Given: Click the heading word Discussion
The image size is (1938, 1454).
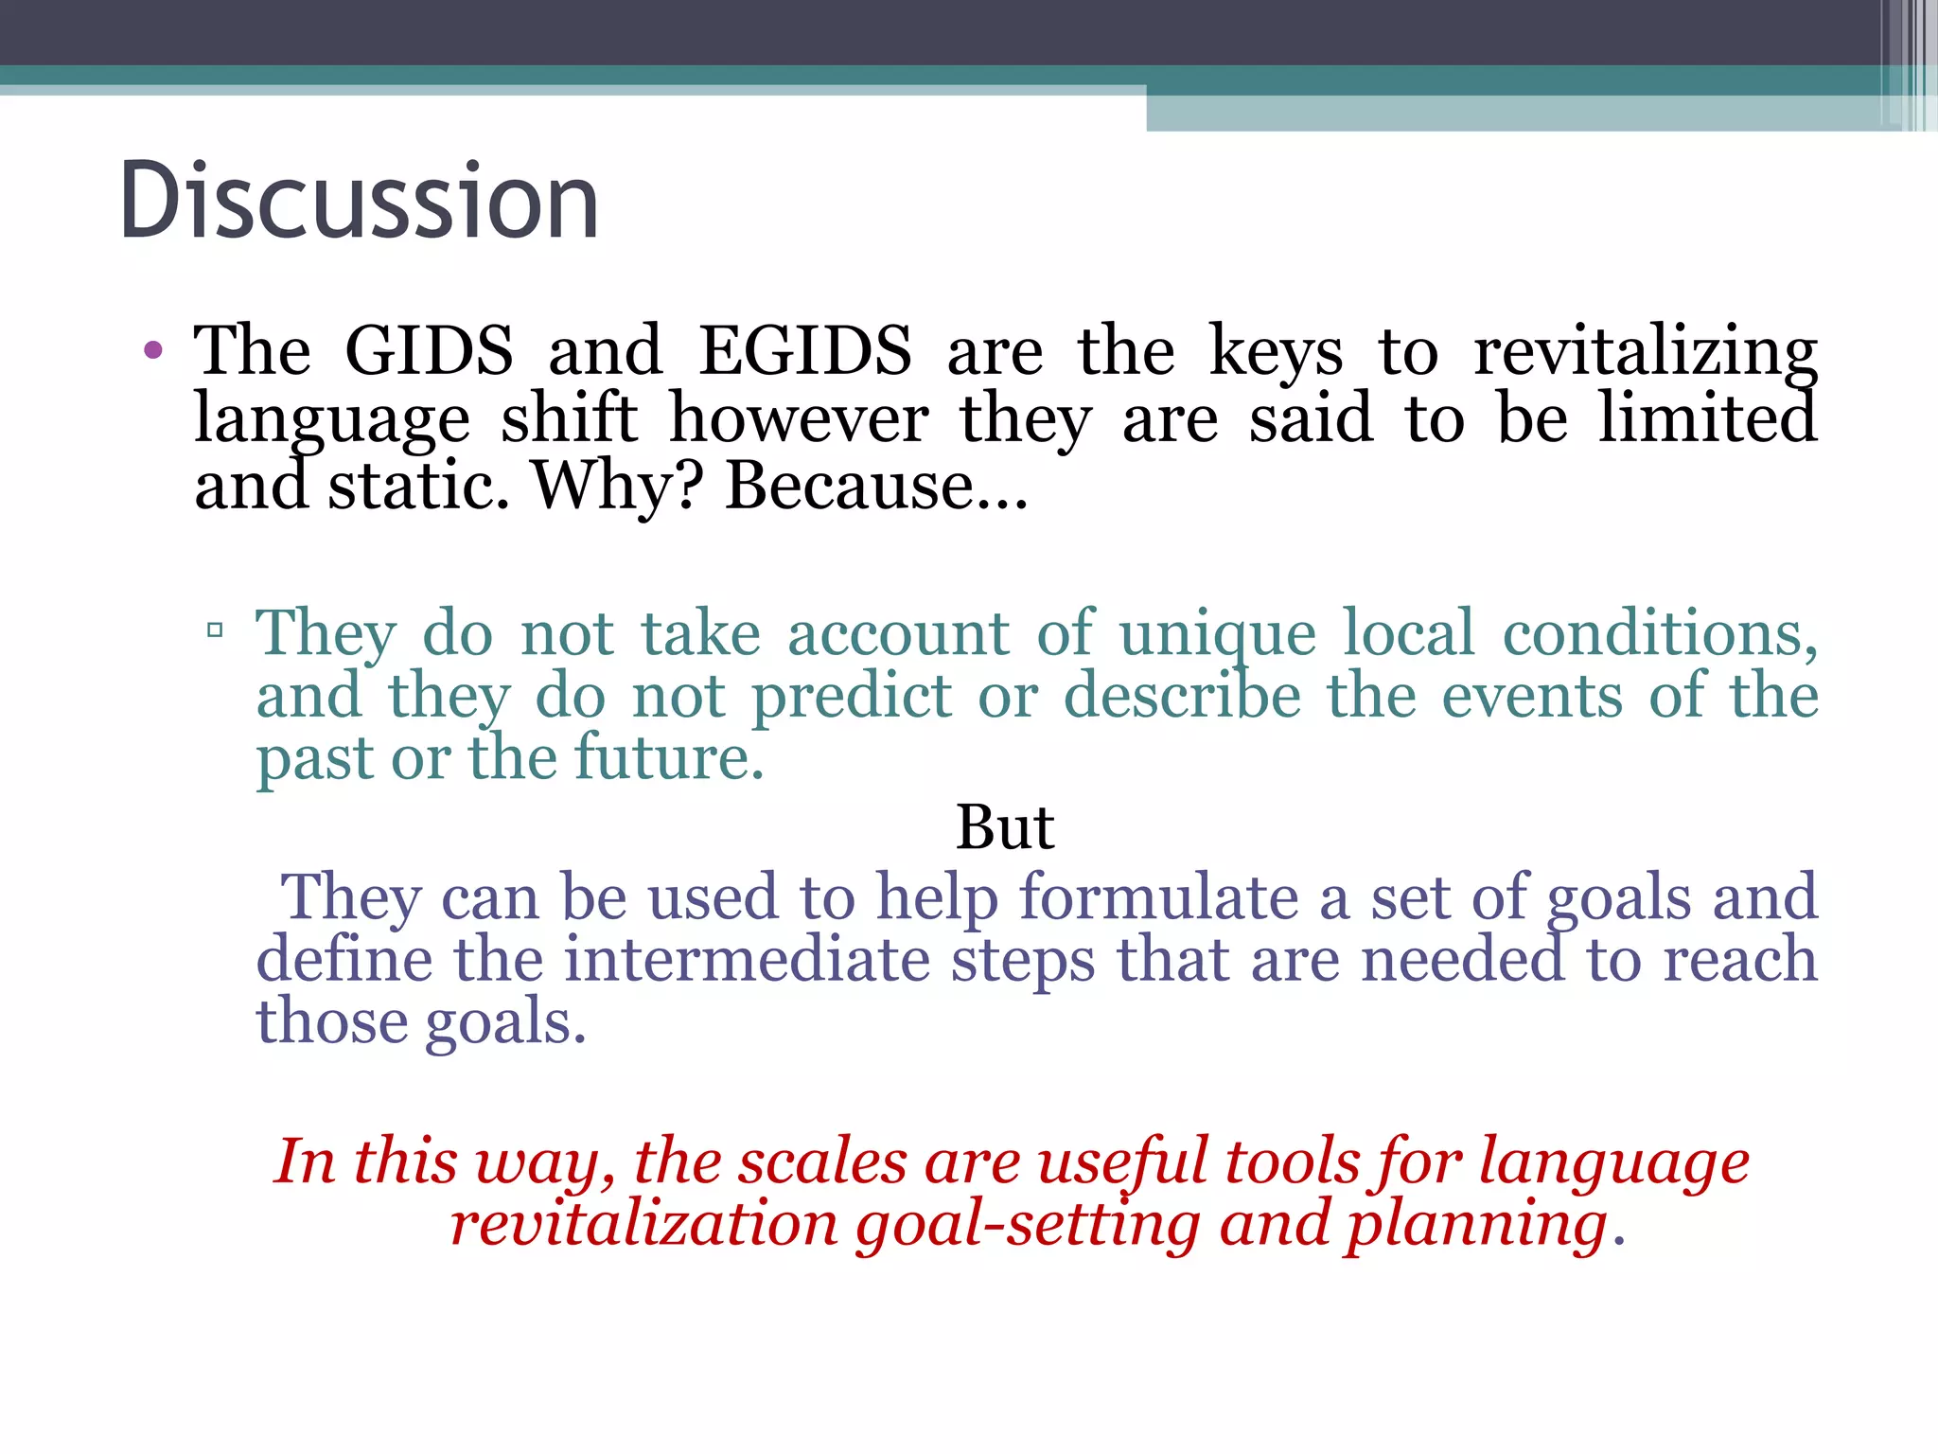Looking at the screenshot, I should pyautogui.click(x=360, y=201).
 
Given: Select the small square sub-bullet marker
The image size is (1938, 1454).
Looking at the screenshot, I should pyautogui.click(x=215, y=629).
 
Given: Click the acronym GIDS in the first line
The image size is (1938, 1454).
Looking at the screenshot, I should pyautogui.click(x=429, y=351).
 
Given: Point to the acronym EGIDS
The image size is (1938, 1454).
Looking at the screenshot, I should pyautogui.click(x=805, y=351).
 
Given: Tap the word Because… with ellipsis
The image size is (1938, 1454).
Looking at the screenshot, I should pyautogui.click(x=876, y=486).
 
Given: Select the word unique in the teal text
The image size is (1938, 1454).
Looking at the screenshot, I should pyautogui.click(x=1217, y=634).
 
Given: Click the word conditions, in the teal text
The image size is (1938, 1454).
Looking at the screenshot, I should pyautogui.click(x=1660, y=632).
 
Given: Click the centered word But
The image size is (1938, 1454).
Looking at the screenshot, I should pyautogui.click(x=1005, y=827).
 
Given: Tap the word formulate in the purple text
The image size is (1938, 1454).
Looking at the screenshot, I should pyautogui.click(x=1158, y=896).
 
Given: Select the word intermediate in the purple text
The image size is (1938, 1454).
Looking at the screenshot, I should pyautogui.click(x=747, y=959).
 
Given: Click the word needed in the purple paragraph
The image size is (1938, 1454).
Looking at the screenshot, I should pyautogui.click(x=1462, y=959).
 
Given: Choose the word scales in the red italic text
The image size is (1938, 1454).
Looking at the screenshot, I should pyautogui.click(x=821, y=1161).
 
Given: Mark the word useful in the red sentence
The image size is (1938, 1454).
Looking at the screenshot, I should pyautogui.click(x=1122, y=1161).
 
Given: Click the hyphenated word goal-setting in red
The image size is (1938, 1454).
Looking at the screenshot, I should pyautogui.click(x=1027, y=1224).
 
